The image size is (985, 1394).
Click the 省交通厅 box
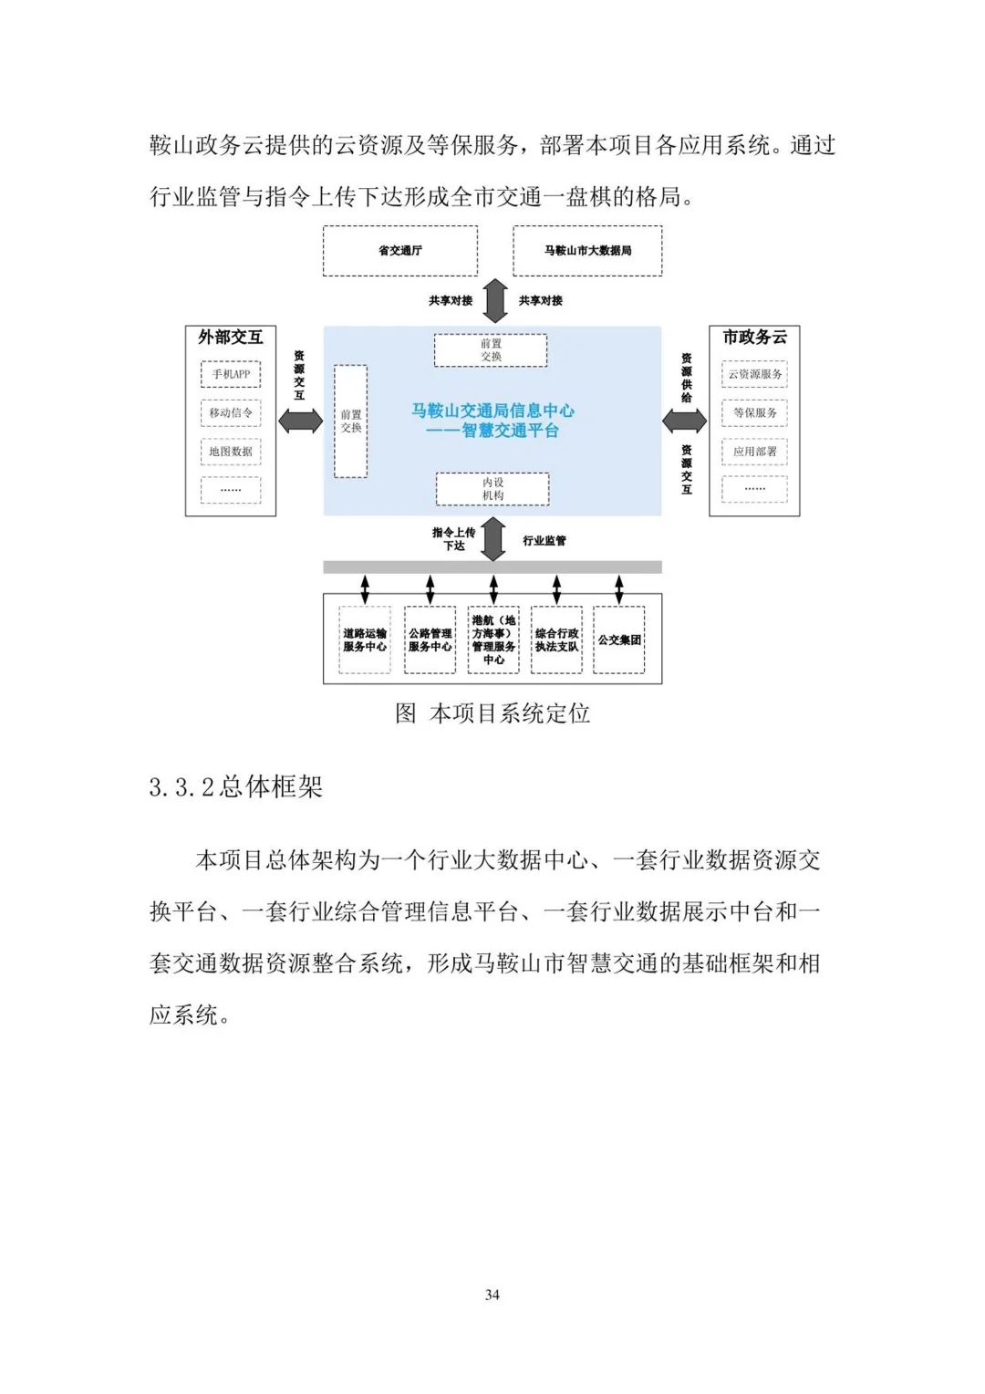(399, 251)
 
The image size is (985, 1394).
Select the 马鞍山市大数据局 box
(587, 251)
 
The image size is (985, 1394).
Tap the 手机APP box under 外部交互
(231, 374)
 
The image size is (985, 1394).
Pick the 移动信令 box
(231, 412)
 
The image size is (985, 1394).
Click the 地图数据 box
(231, 452)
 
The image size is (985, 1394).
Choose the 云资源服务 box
(754, 374)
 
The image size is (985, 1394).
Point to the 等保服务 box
(754, 412)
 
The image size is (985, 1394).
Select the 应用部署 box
(754, 452)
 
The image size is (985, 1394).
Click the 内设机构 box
(493, 489)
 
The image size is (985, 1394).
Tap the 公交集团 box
(619, 640)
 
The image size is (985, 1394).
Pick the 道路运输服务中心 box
(365, 640)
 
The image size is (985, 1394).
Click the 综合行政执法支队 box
(556, 640)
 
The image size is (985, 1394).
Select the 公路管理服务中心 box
(430, 640)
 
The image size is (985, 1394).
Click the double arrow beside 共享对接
(494, 300)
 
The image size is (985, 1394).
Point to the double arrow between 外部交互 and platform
(300, 421)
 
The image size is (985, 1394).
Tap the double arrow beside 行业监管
(493, 538)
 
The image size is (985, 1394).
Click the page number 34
(493, 1295)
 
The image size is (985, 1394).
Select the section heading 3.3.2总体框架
(236, 787)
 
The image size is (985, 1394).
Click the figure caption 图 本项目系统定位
(493, 713)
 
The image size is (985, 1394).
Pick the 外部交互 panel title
(230, 338)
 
